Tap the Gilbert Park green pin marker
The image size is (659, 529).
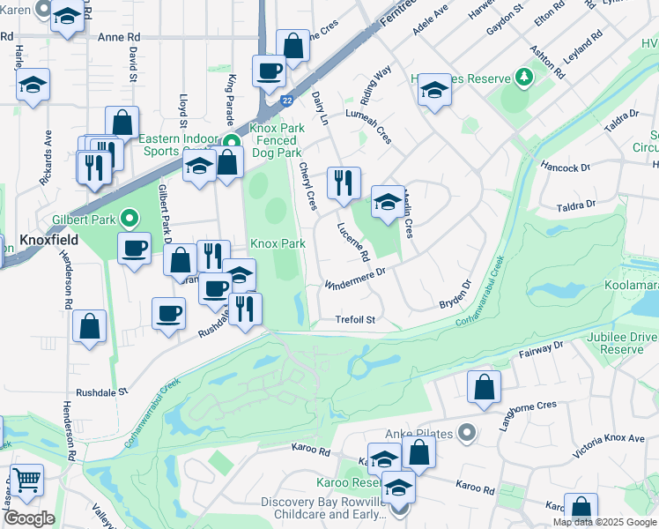tap(130, 217)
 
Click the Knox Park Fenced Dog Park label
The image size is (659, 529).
tap(277, 140)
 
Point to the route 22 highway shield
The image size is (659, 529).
tap(287, 101)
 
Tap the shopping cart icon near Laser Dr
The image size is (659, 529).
tap(27, 480)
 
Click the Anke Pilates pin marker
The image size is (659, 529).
tap(467, 433)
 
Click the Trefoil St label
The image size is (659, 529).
tap(355, 320)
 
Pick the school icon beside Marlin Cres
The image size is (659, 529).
tap(387, 202)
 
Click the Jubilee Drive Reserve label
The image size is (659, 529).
tap(628, 342)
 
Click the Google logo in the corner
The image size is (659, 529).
tap(28, 518)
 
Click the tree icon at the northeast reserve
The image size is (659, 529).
tap(525, 78)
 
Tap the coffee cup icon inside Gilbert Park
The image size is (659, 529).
tap(134, 249)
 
